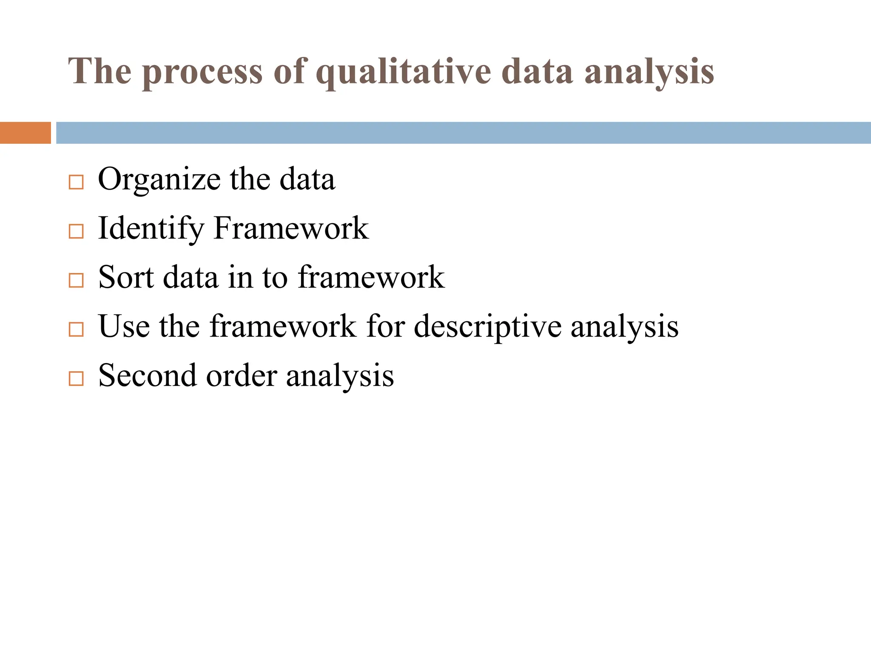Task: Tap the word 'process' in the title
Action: pyautogui.click(x=202, y=72)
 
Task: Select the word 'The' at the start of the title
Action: pyautogui.click(x=100, y=71)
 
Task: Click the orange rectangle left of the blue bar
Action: pyautogui.click(x=25, y=133)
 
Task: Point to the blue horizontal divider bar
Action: pyautogui.click(x=463, y=133)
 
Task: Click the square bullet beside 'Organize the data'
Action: pyautogui.click(x=76, y=182)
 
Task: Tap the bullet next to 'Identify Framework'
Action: pyautogui.click(x=76, y=231)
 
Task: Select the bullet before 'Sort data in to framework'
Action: pyautogui.click(x=76, y=280)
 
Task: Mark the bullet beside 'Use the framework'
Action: pyautogui.click(x=76, y=329)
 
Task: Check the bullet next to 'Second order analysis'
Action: pyautogui.click(x=76, y=378)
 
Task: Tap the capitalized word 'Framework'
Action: pyautogui.click(x=291, y=229)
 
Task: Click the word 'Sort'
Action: pyautogui.click(x=126, y=277)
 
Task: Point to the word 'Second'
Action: pyautogui.click(x=148, y=375)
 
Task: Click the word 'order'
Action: pyautogui.click(x=242, y=376)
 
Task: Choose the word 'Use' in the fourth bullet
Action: pyautogui.click(x=124, y=326)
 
